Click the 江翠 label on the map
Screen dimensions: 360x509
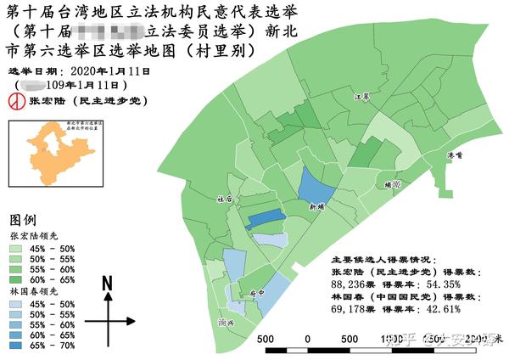coord(361,98)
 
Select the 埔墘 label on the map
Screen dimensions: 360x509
coord(391,183)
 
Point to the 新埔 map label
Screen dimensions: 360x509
coord(317,206)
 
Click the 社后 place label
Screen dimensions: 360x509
coord(224,200)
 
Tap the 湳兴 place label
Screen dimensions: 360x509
coord(226,323)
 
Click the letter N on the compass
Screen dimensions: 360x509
coord(108,284)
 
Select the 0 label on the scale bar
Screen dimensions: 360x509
coord(306,339)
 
